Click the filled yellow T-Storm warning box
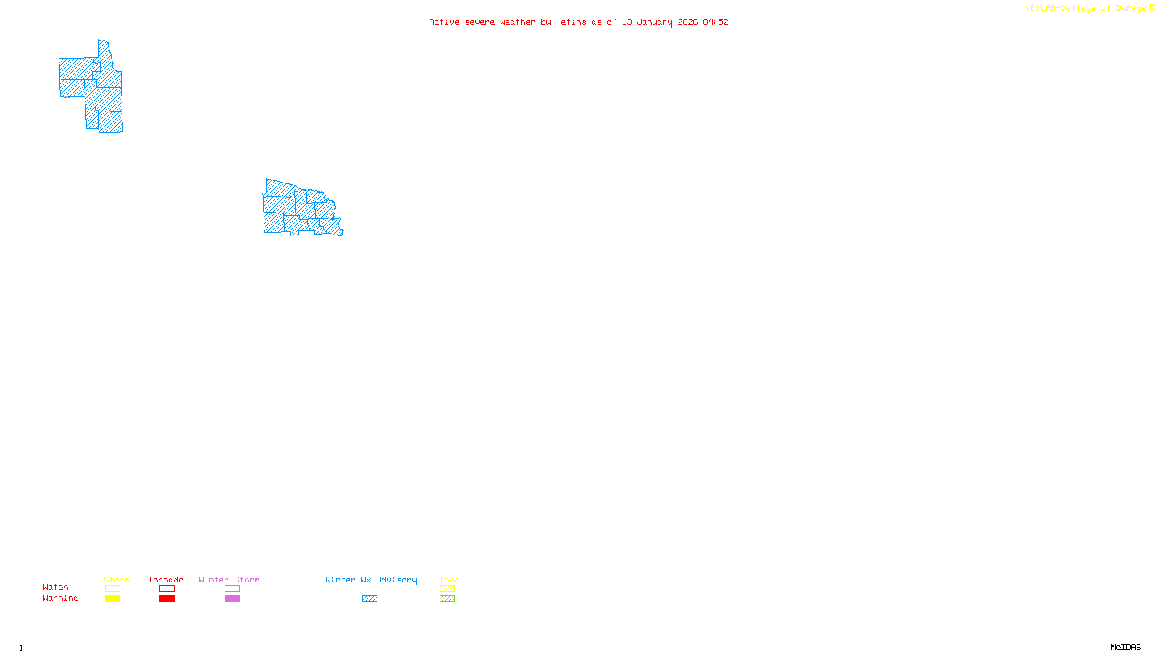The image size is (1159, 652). click(112, 599)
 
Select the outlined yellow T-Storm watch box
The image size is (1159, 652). click(112, 589)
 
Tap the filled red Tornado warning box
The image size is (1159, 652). click(167, 599)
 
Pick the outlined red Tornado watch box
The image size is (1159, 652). click(167, 589)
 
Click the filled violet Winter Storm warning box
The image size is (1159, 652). click(232, 599)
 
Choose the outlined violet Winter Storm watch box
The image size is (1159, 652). click(232, 589)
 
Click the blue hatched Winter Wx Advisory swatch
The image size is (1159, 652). click(369, 599)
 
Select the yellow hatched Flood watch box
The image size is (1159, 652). click(447, 589)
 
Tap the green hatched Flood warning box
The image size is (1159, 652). click(447, 599)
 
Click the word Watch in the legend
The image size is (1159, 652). click(56, 587)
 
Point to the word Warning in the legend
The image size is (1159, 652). click(60, 598)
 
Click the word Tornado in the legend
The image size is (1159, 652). click(166, 580)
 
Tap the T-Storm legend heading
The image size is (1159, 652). click(112, 580)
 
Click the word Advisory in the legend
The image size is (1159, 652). click(396, 580)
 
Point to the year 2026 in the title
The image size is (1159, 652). click(687, 22)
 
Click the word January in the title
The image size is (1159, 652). click(655, 22)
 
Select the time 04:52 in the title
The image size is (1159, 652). click(716, 22)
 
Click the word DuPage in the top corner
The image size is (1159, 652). click(1131, 9)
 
